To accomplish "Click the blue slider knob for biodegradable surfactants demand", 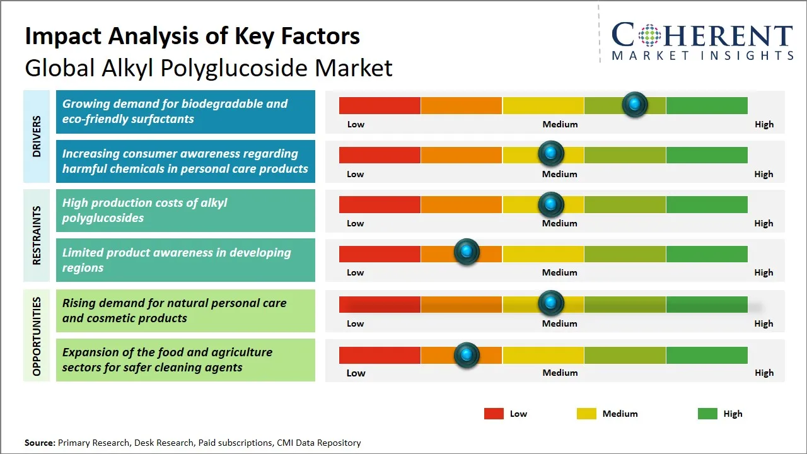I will coord(635,104).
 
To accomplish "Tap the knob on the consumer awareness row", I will coord(551,153).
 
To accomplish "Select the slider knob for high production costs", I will coord(551,204).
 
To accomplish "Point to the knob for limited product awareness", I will coord(467,252).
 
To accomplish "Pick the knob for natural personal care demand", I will coord(551,303).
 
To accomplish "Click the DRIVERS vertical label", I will coord(37,136).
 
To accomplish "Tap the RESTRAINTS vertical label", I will coord(37,235).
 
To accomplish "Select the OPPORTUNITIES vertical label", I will coord(37,336).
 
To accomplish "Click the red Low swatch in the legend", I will coord(494,414).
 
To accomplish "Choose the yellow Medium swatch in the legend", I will coord(586,414).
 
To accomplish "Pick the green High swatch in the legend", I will coord(707,414).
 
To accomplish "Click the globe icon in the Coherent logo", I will coord(649,35).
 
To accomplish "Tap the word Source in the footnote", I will coord(40,443).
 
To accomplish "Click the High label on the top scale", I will coord(764,124).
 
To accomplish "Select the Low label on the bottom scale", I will coord(356,373).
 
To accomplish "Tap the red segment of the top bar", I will coord(380,105).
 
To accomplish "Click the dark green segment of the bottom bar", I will coord(707,355).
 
